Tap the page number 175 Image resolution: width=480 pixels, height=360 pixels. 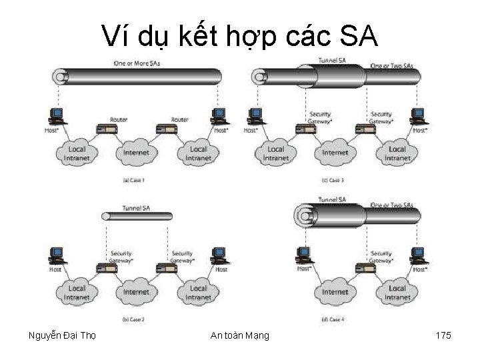point(443,335)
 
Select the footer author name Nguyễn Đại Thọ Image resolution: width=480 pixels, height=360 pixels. point(62,335)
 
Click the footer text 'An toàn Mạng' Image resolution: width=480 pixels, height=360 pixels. point(239,335)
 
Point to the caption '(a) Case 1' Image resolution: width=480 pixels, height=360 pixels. point(134,180)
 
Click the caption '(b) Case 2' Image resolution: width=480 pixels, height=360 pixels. point(134,320)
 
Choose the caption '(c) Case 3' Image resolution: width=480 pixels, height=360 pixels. point(333,180)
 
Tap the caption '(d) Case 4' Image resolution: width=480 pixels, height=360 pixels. point(333,320)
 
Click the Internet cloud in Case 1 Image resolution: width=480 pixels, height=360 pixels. point(137,153)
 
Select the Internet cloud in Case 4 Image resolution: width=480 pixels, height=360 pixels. point(335,291)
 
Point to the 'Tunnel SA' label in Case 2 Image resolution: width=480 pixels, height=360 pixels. point(137,207)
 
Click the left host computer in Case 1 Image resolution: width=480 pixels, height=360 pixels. point(57,115)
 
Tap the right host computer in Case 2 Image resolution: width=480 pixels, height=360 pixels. point(218,255)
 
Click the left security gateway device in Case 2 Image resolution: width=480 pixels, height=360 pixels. point(107,267)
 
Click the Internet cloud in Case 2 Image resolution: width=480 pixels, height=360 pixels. point(137,291)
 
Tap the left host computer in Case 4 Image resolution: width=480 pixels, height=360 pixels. point(303,255)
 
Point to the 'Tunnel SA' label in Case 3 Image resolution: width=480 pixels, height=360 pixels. point(332,60)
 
